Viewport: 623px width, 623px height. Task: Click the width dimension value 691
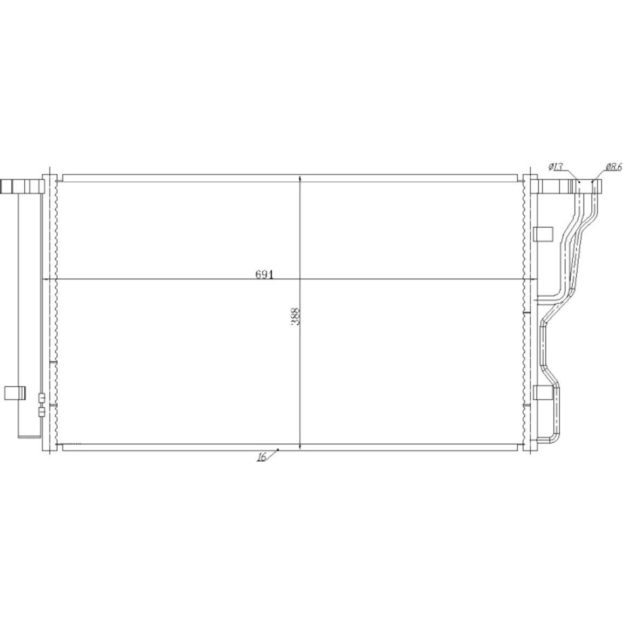pos(264,275)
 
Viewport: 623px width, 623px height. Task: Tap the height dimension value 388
pos(295,317)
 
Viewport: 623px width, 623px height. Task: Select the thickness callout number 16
pos(262,457)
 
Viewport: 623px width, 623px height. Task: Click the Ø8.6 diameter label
pos(613,167)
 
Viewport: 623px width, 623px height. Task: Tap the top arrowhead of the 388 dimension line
pos(299,179)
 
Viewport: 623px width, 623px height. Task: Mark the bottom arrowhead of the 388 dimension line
pos(299,447)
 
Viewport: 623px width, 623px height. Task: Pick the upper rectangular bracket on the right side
pos(543,234)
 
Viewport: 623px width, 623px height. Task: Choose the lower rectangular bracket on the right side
pos(543,392)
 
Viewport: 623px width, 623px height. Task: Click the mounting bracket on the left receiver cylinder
pos(15,392)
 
